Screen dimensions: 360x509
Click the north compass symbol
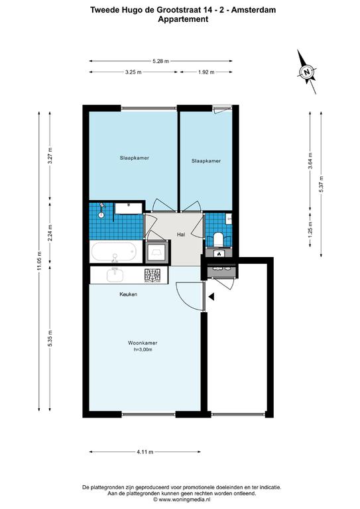click(x=307, y=72)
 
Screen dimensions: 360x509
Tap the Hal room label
click(x=181, y=235)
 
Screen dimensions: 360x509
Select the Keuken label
click(x=128, y=294)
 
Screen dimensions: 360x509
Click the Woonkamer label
click(x=143, y=343)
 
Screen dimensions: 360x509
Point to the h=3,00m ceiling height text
click(x=143, y=350)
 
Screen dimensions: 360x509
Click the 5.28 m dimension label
click(x=160, y=61)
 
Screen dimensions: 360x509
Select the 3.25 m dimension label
click(x=133, y=72)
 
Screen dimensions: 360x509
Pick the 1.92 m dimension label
click(x=206, y=72)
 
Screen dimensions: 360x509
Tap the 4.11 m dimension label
click(x=145, y=452)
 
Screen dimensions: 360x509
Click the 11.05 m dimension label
click(x=39, y=261)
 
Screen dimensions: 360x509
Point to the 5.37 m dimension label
click(x=322, y=184)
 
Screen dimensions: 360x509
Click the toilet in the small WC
click(x=218, y=239)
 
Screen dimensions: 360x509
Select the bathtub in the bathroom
click(x=113, y=253)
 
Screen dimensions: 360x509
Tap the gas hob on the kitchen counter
click(x=152, y=276)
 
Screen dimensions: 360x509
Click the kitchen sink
click(x=115, y=274)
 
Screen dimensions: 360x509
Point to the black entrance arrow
click(x=211, y=296)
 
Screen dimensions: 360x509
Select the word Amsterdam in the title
click(x=253, y=10)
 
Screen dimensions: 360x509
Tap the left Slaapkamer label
click(x=135, y=158)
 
